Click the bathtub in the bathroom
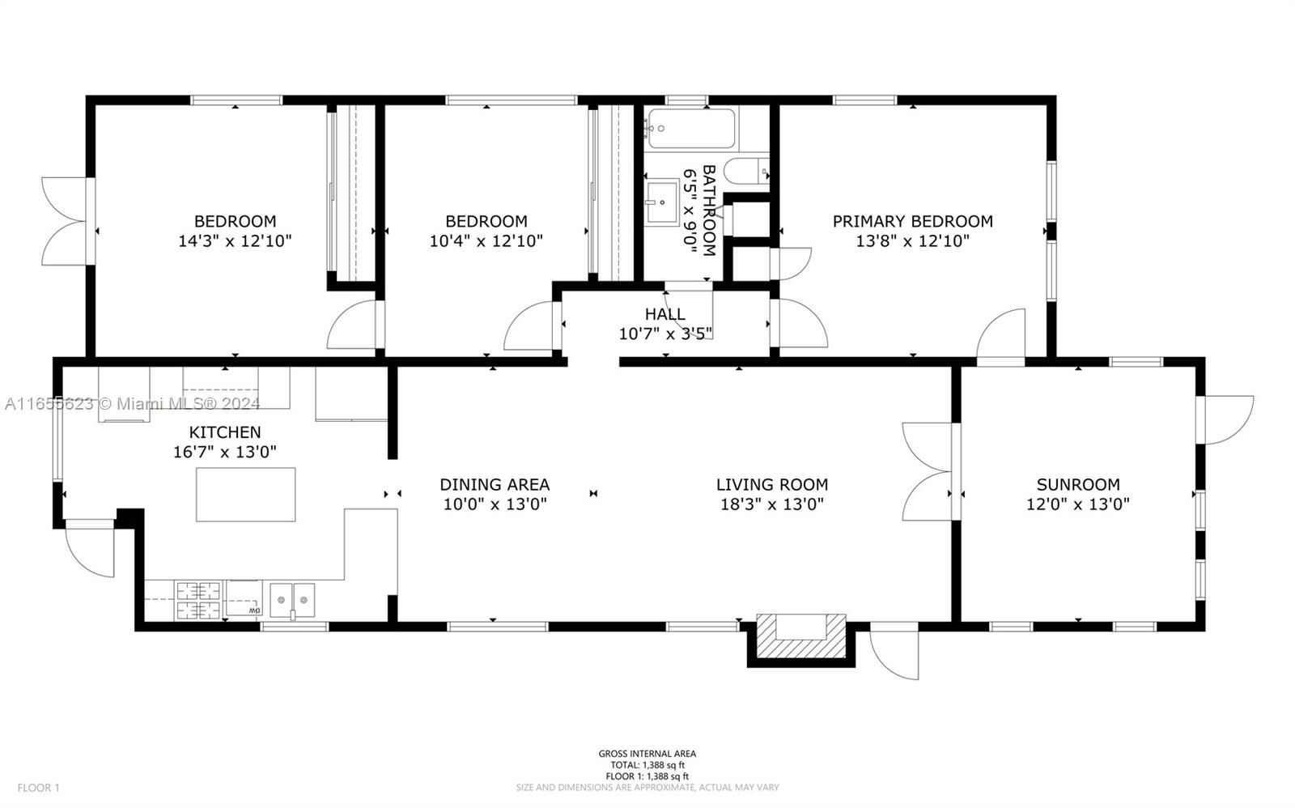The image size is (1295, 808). coord(691,128)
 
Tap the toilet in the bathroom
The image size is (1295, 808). coord(747,171)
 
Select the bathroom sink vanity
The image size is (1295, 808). coord(662,202)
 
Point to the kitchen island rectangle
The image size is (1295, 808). coord(246,495)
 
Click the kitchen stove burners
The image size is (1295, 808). coord(198,601)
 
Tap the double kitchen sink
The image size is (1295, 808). coord(292,601)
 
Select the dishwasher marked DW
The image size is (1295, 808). coord(244,598)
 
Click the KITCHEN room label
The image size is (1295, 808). coord(225,432)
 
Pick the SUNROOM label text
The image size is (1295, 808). coord(1077,484)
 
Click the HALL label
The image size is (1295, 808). coord(664,314)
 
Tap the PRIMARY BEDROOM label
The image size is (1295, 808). coord(912,221)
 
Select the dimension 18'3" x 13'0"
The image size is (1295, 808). coord(772,504)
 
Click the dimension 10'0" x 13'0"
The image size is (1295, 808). coord(495,504)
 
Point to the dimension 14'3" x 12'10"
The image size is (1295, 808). coord(235,241)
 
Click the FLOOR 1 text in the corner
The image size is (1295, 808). coord(38,788)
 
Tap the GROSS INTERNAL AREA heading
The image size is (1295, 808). coord(647,754)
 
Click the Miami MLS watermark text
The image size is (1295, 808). coord(133,404)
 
